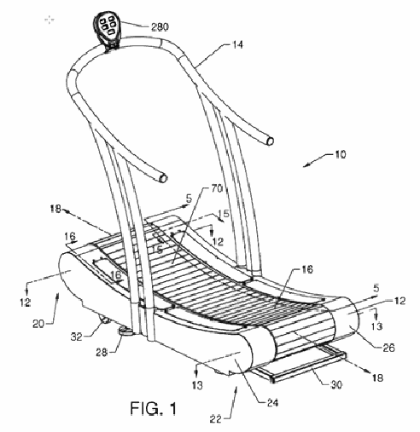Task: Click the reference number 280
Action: (x=160, y=27)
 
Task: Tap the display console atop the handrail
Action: (x=108, y=28)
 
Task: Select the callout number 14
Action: (x=236, y=44)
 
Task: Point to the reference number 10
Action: (x=341, y=155)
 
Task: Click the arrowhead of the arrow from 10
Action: (x=306, y=165)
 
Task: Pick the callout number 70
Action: (x=217, y=188)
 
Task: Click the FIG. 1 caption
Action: (x=153, y=408)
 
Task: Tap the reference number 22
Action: (x=216, y=419)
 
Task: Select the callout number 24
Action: (x=272, y=402)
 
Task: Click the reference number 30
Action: (x=336, y=385)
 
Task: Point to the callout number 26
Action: (x=388, y=348)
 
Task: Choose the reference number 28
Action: (x=102, y=353)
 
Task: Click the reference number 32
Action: (x=76, y=337)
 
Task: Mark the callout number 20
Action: (x=38, y=324)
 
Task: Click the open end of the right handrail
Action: (x=271, y=141)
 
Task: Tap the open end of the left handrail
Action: (x=163, y=178)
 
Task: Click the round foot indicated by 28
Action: (x=125, y=331)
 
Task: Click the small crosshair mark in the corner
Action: (x=50, y=20)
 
